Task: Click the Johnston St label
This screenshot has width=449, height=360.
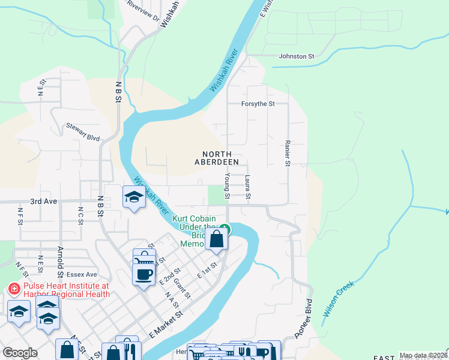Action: [297, 56]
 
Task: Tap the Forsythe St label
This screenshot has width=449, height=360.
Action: [258, 104]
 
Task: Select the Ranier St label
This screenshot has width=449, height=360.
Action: [288, 154]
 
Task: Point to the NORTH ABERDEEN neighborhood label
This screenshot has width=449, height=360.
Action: [217, 158]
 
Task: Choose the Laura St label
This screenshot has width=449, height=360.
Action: [247, 188]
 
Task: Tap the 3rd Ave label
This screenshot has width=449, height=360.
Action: [44, 202]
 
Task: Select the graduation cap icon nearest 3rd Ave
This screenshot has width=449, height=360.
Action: [133, 197]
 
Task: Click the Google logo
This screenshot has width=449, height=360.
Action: [20, 353]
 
